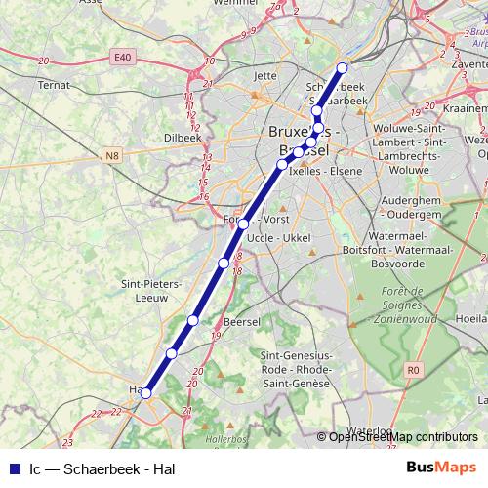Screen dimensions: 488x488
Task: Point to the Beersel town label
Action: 241,320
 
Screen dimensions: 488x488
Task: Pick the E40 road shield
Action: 121,59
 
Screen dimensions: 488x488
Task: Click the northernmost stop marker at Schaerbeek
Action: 342,68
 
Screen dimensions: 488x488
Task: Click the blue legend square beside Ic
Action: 13,468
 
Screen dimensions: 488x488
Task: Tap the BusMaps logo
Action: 443,467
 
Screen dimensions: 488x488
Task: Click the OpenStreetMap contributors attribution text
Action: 403,437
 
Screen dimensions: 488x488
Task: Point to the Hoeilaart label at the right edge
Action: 472,318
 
